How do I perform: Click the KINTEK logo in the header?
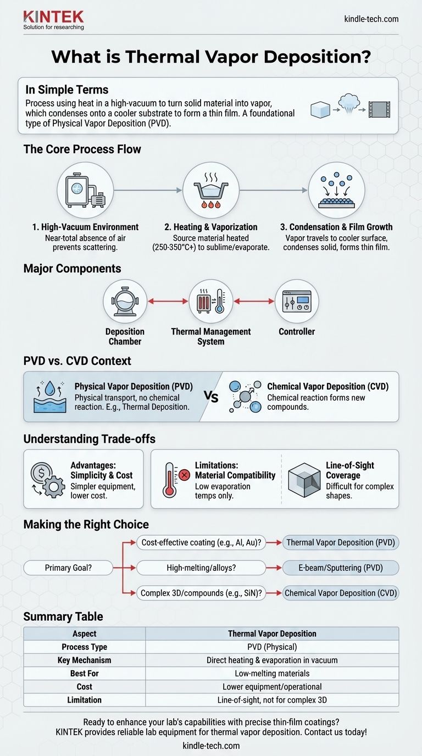coord(53,20)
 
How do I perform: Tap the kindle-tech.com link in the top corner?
coord(371,19)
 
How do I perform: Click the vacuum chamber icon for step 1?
coord(85,191)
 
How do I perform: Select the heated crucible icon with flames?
coord(211,191)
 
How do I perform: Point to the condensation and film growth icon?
coord(337,191)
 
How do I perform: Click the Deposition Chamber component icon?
coord(125,301)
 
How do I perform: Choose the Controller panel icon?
coord(297,301)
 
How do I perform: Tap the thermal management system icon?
coord(211,301)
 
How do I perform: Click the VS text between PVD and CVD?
coord(212,397)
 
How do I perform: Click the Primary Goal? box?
coord(68,568)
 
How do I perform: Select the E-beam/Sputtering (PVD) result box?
coord(341,568)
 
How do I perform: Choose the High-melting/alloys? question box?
coord(202,568)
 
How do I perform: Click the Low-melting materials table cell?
coord(272,674)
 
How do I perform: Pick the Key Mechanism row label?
coord(84,660)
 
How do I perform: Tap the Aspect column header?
coord(84,634)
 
